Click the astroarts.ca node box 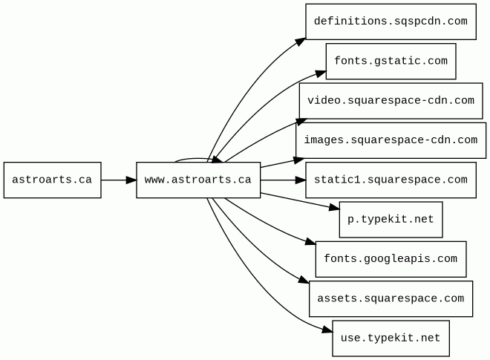pyautogui.click(x=52, y=180)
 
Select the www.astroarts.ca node pyautogui.click(x=198, y=180)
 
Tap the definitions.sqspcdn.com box pyautogui.click(x=391, y=22)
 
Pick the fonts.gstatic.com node pyautogui.click(x=391, y=62)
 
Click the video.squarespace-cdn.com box pyautogui.click(x=391, y=101)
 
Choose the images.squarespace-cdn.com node pyautogui.click(x=391, y=140)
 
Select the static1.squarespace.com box pyautogui.click(x=391, y=180)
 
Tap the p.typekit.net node pyautogui.click(x=391, y=220)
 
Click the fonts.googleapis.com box pyautogui.click(x=391, y=259)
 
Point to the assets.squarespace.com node pyautogui.click(x=391, y=298)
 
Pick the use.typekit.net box pyautogui.click(x=391, y=338)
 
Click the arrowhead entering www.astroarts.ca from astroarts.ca pyautogui.click(x=131, y=180)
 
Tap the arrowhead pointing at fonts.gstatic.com pyautogui.click(x=321, y=73)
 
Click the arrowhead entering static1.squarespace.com pyautogui.click(x=300, y=180)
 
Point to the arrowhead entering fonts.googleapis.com pyautogui.click(x=310, y=243)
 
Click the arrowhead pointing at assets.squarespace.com pyautogui.click(x=304, y=281)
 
